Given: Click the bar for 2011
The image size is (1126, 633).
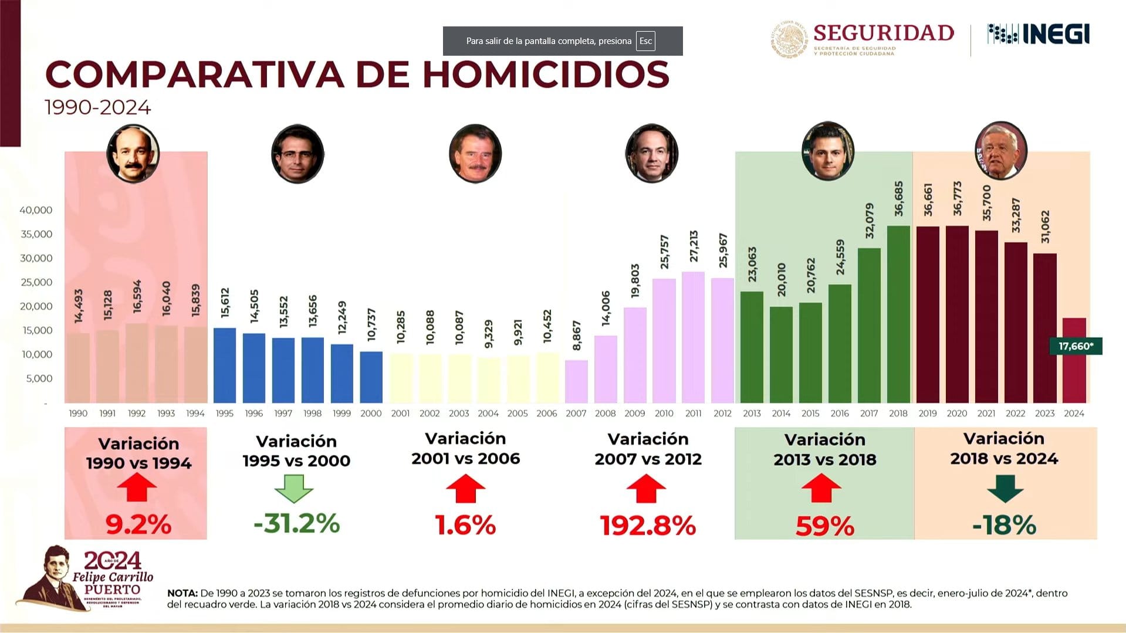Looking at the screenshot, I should click(x=693, y=337).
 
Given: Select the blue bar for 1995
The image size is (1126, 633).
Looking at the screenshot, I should click(x=225, y=365).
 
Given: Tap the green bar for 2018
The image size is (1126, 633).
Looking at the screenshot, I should click(x=898, y=314).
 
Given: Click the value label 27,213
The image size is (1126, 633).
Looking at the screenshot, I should click(x=694, y=246).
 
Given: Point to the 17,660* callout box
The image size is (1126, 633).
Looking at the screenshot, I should click(x=1076, y=346).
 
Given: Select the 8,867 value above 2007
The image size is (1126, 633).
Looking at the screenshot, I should click(x=577, y=336).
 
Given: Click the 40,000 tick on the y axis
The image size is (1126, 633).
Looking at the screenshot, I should click(x=36, y=210).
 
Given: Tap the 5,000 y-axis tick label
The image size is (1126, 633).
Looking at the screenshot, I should click(x=39, y=378).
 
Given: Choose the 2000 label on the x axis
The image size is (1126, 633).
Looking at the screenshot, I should click(x=371, y=414).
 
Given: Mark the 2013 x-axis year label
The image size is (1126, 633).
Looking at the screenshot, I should click(x=752, y=414).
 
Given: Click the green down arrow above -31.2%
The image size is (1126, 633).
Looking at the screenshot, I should click(x=294, y=488).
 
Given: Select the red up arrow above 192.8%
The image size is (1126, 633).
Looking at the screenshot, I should click(x=646, y=488).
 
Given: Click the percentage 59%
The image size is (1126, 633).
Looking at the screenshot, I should click(x=824, y=526).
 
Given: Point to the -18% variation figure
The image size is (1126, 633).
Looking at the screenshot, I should click(x=1004, y=525).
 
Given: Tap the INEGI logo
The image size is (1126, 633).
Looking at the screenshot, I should click(x=1039, y=35).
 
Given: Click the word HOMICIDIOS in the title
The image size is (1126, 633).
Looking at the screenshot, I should click(x=546, y=75).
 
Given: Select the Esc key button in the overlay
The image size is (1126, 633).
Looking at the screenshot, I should click(x=645, y=41).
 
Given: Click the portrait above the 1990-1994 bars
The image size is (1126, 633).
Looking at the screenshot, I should click(x=133, y=154).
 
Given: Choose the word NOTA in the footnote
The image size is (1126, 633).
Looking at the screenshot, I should click(x=182, y=593).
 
